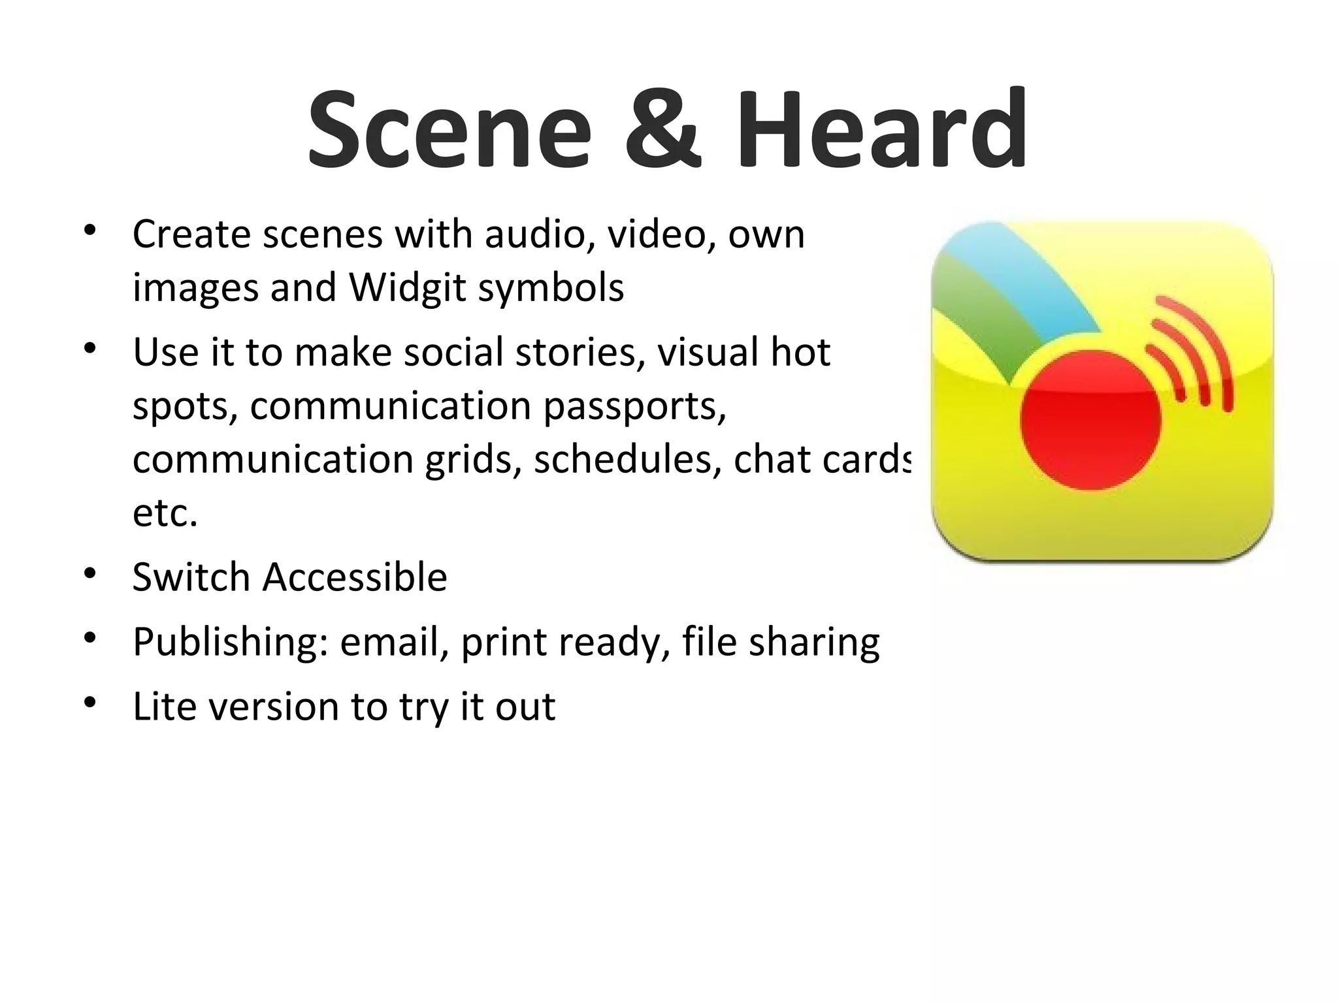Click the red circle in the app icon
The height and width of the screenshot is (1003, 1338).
1090,420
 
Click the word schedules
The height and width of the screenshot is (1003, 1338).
627,460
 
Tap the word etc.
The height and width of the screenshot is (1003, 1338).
165,513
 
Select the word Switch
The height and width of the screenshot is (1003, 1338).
191,577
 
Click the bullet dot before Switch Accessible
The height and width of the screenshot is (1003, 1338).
90,574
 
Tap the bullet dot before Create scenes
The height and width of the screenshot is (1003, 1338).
90,231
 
